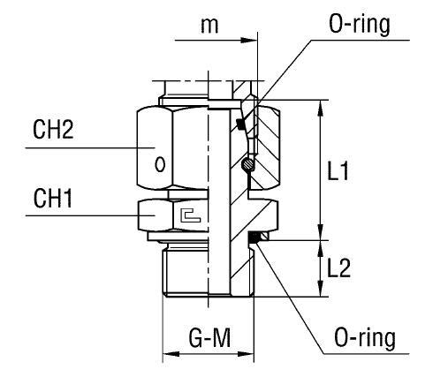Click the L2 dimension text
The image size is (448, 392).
click(340, 268)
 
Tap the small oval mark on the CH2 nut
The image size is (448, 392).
click(159, 163)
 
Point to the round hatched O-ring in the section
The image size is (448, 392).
click(249, 165)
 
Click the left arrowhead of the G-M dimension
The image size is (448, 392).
click(168, 358)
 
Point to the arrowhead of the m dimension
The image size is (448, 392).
click(254, 40)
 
